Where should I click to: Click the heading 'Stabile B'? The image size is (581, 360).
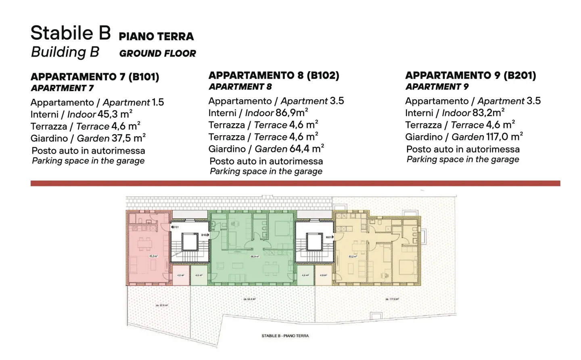[x=71, y=33]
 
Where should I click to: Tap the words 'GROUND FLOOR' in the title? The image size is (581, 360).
[x=157, y=53]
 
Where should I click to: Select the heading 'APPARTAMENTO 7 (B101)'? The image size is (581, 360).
[x=95, y=77]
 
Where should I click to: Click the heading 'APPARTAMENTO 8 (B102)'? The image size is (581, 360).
[x=274, y=75]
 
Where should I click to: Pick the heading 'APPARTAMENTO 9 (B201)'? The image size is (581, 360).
[x=470, y=75]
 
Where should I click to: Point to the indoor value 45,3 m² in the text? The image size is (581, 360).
[x=115, y=114]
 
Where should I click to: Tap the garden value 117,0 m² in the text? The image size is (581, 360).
[x=504, y=137]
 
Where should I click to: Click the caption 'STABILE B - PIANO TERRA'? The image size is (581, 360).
[x=285, y=336]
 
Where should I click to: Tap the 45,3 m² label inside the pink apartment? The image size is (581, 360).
[x=153, y=256]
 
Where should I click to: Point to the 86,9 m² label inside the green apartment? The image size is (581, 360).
[x=254, y=256]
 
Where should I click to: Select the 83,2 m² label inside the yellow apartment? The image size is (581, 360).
[x=352, y=256]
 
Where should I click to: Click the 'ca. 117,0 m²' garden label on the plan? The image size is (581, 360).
[x=392, y=299]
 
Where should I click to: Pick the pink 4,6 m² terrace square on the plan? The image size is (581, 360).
[x=180, y=275]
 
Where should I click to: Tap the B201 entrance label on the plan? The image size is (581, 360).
[x=329, y=237]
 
